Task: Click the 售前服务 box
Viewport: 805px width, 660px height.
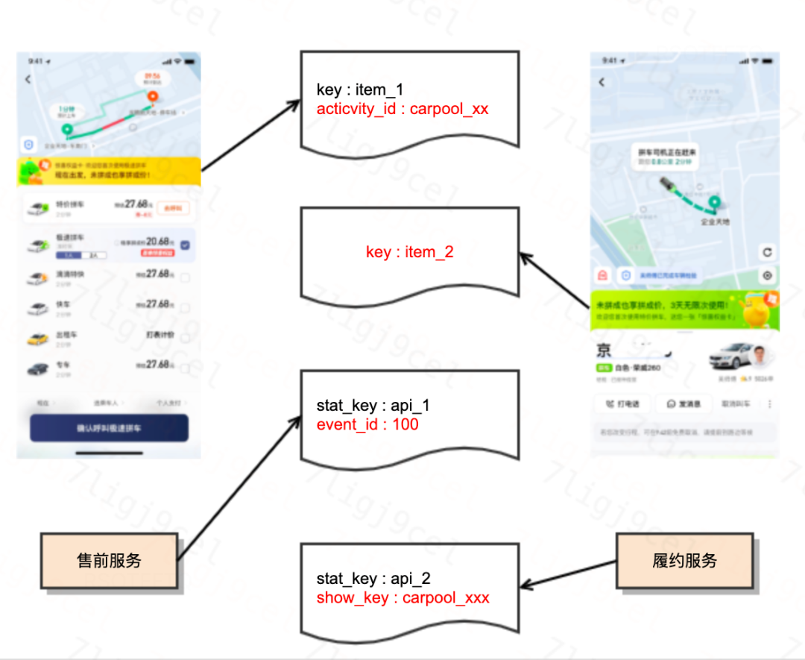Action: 109,561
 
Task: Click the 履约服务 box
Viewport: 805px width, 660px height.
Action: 684,561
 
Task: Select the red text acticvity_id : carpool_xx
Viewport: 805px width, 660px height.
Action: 402,109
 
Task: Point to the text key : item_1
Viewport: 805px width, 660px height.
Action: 360,90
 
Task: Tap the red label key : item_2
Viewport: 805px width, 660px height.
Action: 409,252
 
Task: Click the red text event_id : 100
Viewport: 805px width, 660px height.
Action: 367,424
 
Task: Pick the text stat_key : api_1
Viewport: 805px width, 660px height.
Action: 373,406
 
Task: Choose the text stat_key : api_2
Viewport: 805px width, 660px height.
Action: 373,579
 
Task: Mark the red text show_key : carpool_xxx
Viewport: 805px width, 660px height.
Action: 402,597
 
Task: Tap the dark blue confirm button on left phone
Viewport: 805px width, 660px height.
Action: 109,428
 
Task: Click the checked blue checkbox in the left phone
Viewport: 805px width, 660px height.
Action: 185,245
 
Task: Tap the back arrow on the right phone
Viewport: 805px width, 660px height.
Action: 602,82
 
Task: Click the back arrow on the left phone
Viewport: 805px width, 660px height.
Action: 28,79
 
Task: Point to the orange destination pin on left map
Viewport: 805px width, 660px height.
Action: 152,96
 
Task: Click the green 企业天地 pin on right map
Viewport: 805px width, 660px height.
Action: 714,203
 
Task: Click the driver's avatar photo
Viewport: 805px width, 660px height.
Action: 759,356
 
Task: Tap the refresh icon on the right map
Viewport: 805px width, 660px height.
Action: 767,252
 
